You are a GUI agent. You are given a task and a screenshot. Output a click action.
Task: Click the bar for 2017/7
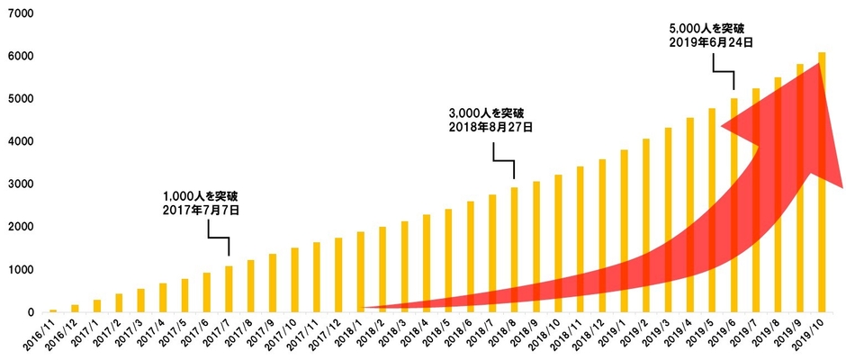tap(229, 289)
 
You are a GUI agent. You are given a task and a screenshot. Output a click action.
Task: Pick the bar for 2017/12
tap(338, 274)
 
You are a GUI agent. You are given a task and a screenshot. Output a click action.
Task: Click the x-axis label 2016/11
tap(43, 337)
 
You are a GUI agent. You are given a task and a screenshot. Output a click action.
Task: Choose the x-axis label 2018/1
tap(351, 337)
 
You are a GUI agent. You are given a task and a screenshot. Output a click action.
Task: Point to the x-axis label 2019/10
tap(812, 337)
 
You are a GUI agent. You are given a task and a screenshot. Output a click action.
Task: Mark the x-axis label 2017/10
tap(284, 337)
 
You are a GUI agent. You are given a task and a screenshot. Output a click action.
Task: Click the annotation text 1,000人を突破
tap(201, 195)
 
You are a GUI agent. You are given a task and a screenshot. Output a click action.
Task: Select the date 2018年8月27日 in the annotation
tap(490, 128)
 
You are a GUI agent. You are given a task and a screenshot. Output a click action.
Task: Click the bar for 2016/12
tap(75, 308)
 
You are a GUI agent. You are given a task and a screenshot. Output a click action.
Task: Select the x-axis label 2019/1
tap(615, 337)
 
